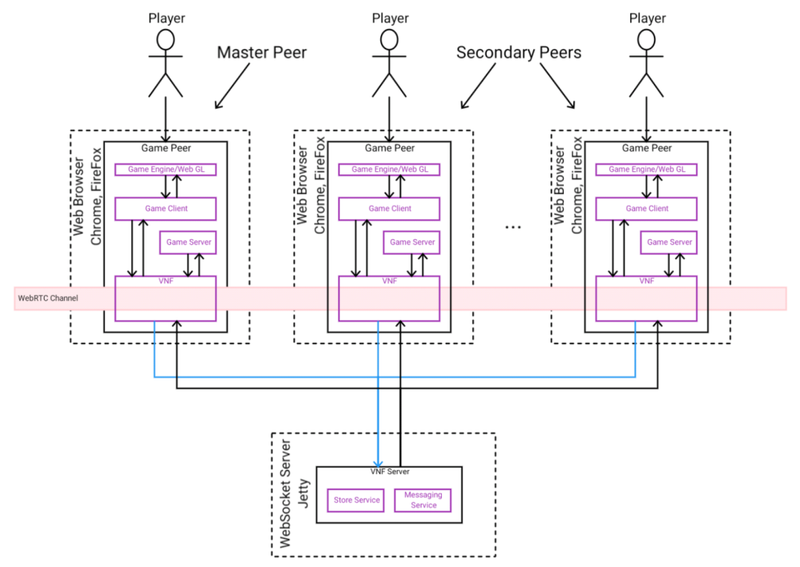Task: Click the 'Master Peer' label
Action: coord(262,53)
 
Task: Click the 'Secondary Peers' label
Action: coord(518,53)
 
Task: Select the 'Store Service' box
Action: coord(357,500)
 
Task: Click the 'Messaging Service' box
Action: coord(423,500)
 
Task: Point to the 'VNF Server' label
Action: coord(389,472)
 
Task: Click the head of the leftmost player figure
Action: coord(166,41)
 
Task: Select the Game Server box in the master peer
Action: coord(188,242)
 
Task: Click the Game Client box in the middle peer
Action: coord(389,209)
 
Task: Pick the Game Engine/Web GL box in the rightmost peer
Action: coord(647,169)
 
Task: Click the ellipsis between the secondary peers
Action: coord(513,227)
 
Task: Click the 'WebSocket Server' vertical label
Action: coord(285,494)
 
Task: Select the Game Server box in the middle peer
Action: coord(412,242)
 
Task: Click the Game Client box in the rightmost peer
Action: coord(647,209)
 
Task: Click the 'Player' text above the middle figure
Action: coord(390,18)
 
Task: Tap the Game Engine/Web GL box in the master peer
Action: coord(165,169)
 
